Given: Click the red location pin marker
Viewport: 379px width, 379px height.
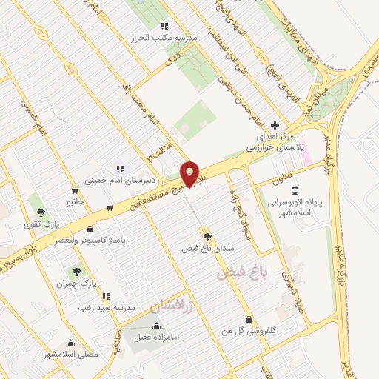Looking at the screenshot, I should [x=190, y=173].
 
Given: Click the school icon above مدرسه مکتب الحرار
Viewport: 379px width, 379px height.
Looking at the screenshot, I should [x=164, y=26].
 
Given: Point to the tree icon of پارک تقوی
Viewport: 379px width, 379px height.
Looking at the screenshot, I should [x=41, y=211].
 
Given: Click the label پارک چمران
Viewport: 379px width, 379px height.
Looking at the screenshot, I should [x=76, y=284].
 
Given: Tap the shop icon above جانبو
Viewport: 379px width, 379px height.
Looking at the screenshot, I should [x=75, y=189].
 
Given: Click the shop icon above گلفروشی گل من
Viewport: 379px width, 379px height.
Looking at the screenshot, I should [x=249, y=320].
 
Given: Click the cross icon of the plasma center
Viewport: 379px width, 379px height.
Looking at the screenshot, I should [x=275, y=126].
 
